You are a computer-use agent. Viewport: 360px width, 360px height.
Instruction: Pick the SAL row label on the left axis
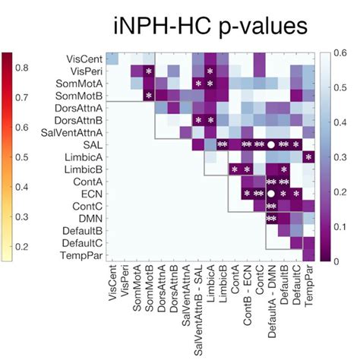click(89, 144)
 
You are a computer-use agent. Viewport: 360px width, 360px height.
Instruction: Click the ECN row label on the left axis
click(89, 194)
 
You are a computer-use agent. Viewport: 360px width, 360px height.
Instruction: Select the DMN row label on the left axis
click(88, 219)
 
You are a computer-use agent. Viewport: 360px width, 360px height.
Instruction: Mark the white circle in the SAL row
click(271, 144)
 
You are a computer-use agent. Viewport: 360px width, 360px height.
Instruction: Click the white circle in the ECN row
click(271, 194)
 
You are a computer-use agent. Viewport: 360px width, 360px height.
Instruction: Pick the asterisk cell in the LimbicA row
click(308, 156)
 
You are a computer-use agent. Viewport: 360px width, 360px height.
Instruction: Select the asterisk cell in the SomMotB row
click(149, 95)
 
